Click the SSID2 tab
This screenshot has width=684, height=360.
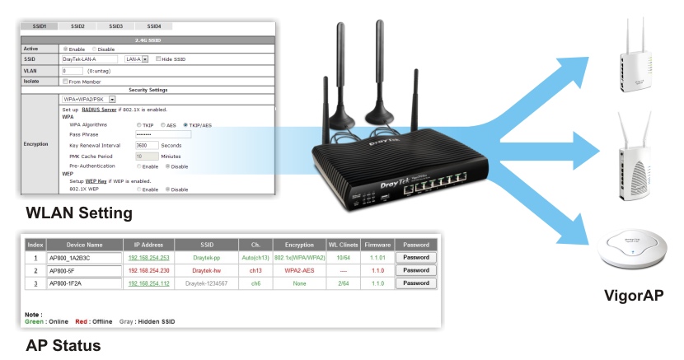point(77,27)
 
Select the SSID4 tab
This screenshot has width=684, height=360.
point(153,27)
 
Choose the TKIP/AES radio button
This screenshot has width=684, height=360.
point(187,124)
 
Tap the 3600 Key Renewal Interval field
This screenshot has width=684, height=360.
point(146,145)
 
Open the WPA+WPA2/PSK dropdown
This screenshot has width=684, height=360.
point(110,98)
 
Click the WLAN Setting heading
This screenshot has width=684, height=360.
point(79,213)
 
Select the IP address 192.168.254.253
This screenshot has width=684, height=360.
point(148,258)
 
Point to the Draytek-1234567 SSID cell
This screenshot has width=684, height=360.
point(206,283)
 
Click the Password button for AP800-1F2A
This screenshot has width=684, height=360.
point(415,283)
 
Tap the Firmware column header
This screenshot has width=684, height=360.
point(377,245)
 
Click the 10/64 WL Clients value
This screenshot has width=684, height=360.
point(341,258)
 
